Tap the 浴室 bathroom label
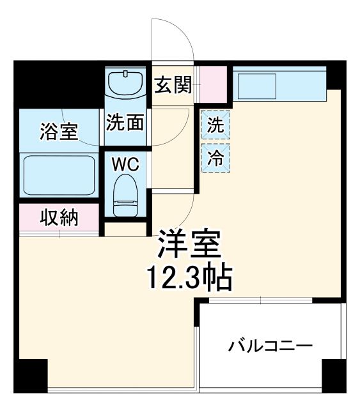(59, 132)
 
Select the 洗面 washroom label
(125, 123)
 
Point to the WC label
(125, 164)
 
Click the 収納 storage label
(59, 218)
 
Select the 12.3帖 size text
(190, 275)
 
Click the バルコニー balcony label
(271, 346)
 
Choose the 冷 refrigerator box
(216, 157)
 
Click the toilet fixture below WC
(125, 196)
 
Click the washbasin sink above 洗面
(126, 83)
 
